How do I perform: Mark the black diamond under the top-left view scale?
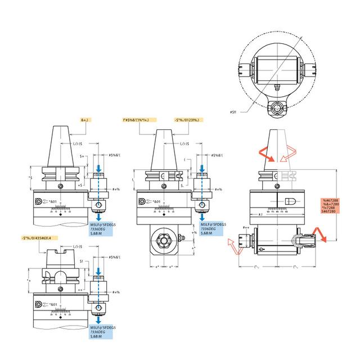(60, 218)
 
